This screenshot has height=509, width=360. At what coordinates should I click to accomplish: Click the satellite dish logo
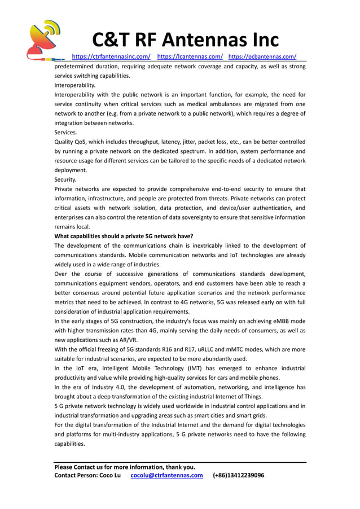point(44,39)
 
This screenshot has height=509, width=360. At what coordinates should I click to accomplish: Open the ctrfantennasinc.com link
point(111,56)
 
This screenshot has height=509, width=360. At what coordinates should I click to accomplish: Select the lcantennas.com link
point(190,56)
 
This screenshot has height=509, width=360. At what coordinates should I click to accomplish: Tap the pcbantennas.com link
point(262,56)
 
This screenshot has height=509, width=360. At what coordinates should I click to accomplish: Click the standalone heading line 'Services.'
point(66,132)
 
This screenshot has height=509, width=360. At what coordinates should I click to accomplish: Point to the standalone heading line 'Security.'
point(65,179)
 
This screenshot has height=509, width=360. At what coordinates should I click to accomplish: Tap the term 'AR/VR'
point(126,340)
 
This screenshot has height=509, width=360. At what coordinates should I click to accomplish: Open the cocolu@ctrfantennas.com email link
point(166,475)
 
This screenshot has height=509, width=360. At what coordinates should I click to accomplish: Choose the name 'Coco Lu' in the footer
point(109,475)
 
